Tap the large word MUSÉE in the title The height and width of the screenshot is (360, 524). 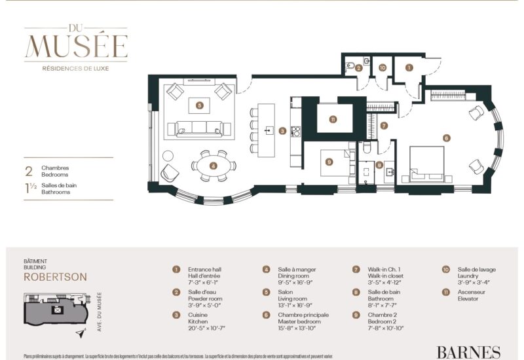pyautogui.click(x=76, y=46)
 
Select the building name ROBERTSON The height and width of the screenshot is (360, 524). pyautogui.click(x=55, y=276)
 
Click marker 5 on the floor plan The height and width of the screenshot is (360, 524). pyautogui.click(x=199, y=104)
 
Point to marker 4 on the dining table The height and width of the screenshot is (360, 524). pyautogui.click(x=213, y=166)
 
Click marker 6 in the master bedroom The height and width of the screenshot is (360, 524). pyautogui.click(x=446, y=138)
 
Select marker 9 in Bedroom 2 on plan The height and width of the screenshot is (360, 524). pyautogui.click(x=329, y=162)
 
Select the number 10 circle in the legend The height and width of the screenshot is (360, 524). pyautogui.click(x=445, y=269)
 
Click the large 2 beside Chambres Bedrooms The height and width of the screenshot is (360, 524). pyautogui.click(x=28, y=172)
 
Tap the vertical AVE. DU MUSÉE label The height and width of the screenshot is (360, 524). pyautogui.click(x=99, y=312)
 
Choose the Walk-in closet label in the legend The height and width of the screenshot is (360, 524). pyautogui.click(x=386, y=276)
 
